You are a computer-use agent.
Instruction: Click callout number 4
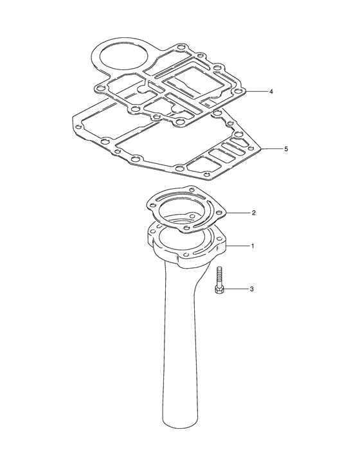click(x=271, y=91)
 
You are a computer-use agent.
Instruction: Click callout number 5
click(x=286, y=149)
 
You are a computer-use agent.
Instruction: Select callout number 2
click(x=253, y=213)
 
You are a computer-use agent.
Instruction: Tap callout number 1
click(x=253, y=246)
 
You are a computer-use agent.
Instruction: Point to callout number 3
click(x=251, y=289)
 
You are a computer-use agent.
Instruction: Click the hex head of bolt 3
click(x=219, y=290)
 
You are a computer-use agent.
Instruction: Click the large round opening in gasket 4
click(x=123, y=56)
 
